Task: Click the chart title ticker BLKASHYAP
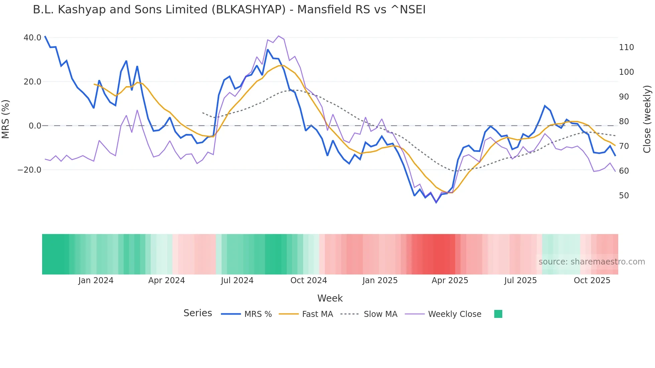coord(251,10)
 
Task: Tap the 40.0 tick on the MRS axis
coord(32,38)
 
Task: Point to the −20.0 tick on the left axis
coord(29,170)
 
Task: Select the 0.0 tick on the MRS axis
coord(35,126)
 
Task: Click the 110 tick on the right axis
coord(626,47)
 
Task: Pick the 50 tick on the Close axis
coord(624,196)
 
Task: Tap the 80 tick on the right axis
coord(624,122)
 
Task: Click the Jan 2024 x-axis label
coord(96,281)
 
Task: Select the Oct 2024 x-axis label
coord(308,281)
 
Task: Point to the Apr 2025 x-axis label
coord(450,281)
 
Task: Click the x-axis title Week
coord(330,298)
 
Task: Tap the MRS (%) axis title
coord(6,119)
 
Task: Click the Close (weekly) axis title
coord(647,119)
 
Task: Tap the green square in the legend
coord(498,314)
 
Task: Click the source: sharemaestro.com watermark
coord(592,262)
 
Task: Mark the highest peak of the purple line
coord(279,36)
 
